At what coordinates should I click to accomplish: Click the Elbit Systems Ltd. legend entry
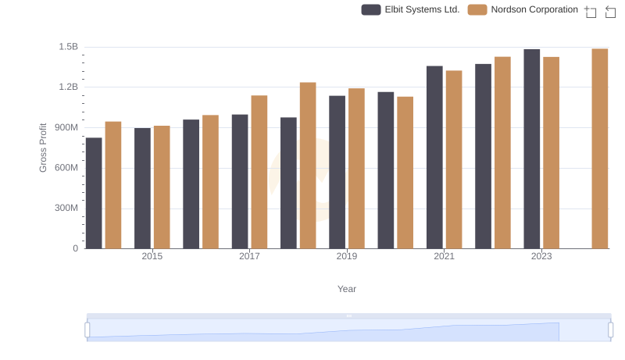(411, 9)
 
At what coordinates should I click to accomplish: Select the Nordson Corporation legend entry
(523, 9)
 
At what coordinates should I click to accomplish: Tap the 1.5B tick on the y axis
(69, 47)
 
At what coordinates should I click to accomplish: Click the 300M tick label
(66, 209)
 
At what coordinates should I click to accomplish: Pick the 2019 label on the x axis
(347, 256)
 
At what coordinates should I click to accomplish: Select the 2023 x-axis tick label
(541, 256)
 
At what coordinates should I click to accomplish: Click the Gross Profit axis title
(44, 148)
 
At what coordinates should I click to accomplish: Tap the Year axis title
(347, 289)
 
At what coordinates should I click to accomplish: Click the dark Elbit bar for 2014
(94, 193)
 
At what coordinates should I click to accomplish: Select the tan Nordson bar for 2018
(308, 166)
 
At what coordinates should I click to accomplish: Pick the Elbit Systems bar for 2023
(532, 149)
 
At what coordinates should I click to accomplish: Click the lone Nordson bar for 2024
(600, 148)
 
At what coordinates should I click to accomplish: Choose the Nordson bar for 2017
(259, 172)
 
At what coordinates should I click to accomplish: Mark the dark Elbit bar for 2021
(434, 157)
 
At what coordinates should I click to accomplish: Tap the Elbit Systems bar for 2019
(337, 172)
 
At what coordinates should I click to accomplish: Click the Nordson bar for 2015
(162, 187)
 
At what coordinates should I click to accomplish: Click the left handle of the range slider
(87, 330)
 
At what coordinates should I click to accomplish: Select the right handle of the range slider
(611, 330)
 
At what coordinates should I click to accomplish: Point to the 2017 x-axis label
(249, 256)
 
